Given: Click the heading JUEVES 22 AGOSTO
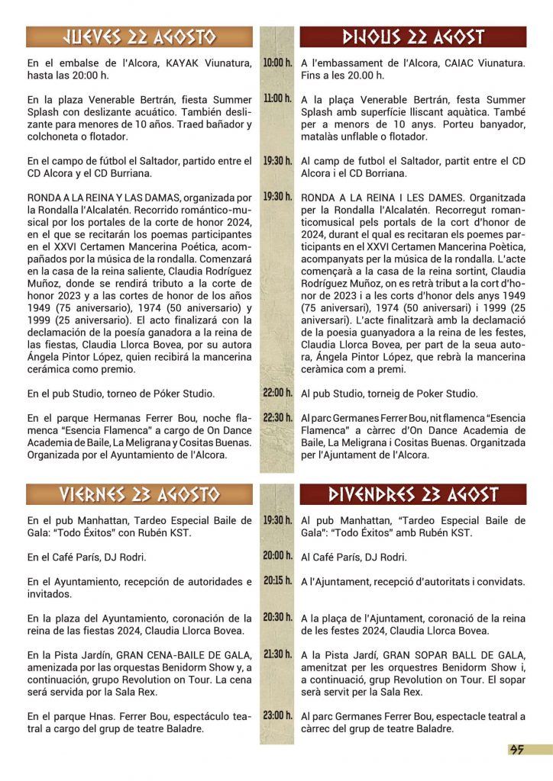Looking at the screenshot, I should pyautogui.click(x=140, y=37).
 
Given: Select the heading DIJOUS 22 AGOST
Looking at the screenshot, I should pyautogui.click(x=413, y=37).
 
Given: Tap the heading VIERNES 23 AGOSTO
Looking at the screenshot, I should pyautogui.click(x=140, y=494).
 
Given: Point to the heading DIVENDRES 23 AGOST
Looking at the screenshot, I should pyautogui.click(x=413, y=494).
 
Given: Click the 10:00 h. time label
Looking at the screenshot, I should pyautogui.click(x=277, y=63).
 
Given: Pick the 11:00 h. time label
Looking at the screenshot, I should pyautogui.click(x=277, y=99).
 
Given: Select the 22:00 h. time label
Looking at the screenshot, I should pyautogui.click(x=277, y=393).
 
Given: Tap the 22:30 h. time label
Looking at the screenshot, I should pyautogui.click(x=277, y=417).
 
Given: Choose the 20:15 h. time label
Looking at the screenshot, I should pyautogui.click(x=277, y=580).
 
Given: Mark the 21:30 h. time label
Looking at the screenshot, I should pyautogui.click(x=277, y=654).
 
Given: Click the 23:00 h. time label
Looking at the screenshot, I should pyautogui.click(x=277, y=715).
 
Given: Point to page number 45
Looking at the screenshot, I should pyautogui.click(x=517, y=750).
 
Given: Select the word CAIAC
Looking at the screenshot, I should pyautogui.click(x=441, y=63).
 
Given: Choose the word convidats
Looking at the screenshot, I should pyautogui.click(x=500, y=581).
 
